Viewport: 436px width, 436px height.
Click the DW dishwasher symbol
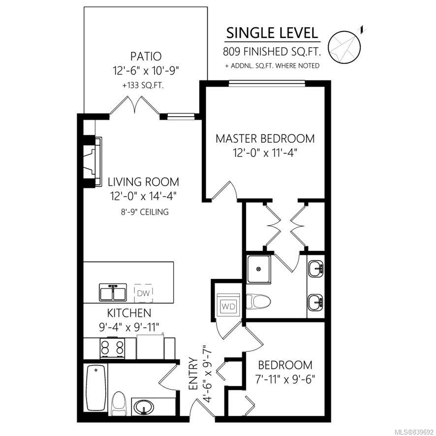pos(144,293)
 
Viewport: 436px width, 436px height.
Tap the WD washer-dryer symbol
pos(228,306)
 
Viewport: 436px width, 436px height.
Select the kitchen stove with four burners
pos(112,347)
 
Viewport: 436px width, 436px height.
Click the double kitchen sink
pos(113,292)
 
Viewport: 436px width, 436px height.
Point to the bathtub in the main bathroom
pos(95,388)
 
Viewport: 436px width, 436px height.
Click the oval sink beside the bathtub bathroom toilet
pos(144,407)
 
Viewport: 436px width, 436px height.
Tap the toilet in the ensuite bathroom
pos(258,302)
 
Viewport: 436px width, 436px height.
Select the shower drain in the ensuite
pos(259,269)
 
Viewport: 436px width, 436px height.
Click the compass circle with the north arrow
pos(344,47)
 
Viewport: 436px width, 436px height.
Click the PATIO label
pos(146,56)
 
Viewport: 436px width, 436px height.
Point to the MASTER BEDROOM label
pos(265,138)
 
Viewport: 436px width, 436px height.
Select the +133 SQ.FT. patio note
pos(143,85)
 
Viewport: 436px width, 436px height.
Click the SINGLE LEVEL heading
pos(272,33)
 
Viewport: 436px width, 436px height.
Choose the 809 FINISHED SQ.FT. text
pos(272,52)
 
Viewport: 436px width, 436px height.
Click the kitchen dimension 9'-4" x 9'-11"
pos(129,327)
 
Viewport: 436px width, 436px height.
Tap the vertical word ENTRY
pos(193,374)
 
